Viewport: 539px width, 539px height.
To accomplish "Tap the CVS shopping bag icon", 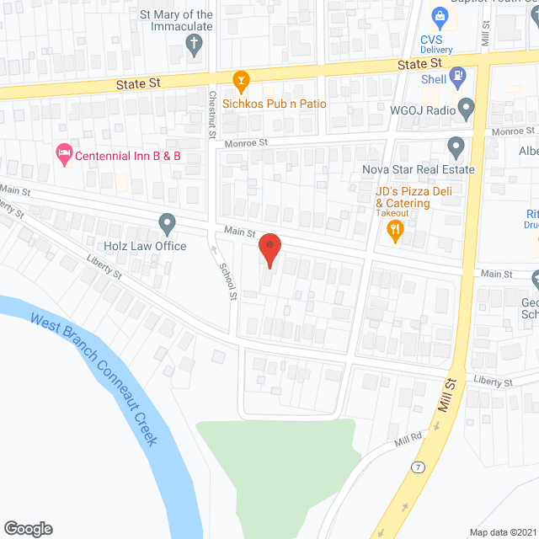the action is [439, 15].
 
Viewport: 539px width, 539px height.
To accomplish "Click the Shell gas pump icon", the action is [457, 77].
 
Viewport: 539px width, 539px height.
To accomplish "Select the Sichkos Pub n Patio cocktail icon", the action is [241, 82].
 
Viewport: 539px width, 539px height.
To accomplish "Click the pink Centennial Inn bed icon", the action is [63, 154].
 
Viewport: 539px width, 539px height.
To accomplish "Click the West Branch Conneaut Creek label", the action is [93, 378].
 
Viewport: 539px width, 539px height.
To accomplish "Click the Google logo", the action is [27, 529].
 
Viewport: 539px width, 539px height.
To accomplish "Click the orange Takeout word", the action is [392, 213].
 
